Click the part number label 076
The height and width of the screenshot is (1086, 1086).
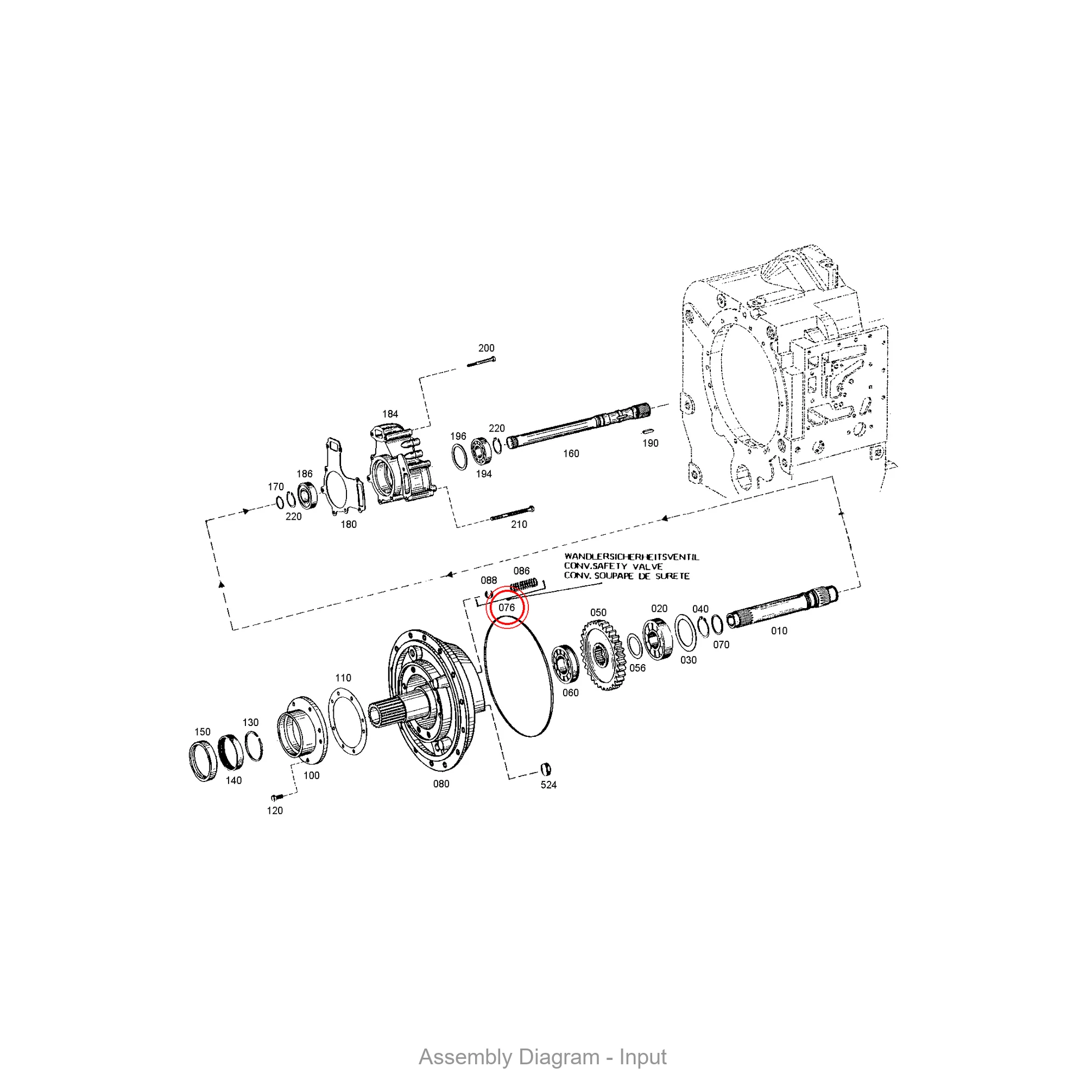[507, 608]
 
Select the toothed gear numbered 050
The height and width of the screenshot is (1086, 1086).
[602, 654]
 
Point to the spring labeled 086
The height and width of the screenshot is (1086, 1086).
[524, 585]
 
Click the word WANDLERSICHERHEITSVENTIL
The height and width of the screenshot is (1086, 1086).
[632, 557]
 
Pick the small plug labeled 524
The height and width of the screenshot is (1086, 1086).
[545, 768]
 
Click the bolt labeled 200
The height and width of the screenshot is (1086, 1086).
[481, 362]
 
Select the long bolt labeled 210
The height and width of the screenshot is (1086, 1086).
[512, 513]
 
